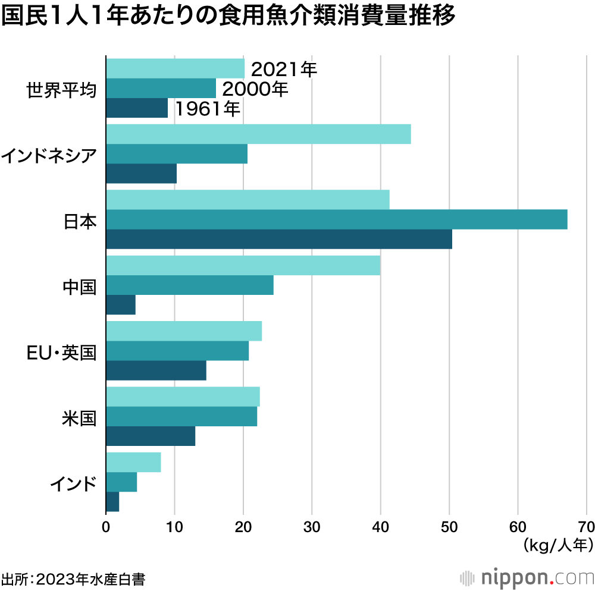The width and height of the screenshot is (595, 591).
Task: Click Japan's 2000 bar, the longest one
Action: [x=336, y=219]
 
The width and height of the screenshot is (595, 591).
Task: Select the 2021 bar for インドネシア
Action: [x=258, y=134]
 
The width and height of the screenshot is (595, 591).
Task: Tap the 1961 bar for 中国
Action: [x=121, y=304]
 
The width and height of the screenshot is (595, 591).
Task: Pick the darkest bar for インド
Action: [x=112, y=502]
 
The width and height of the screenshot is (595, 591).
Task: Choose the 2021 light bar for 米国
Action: [x=183, y=397]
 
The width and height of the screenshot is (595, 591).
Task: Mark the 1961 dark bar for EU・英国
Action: [x=156, y=370]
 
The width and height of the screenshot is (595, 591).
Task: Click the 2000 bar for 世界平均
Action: [x=161, y=88]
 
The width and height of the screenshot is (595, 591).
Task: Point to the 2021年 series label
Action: [x=284, y=70]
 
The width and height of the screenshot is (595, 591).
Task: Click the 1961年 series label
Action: [x=207, y=108]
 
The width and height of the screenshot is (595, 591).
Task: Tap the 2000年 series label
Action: [x=255, y=89]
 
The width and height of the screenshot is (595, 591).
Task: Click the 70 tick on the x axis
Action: [x=587, y=526]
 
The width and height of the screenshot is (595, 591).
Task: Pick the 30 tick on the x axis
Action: [x=312, y=526]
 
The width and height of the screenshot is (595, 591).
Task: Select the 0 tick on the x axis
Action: [x=106, y=526]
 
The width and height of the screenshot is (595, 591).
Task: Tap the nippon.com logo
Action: [x=527, y=577]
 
